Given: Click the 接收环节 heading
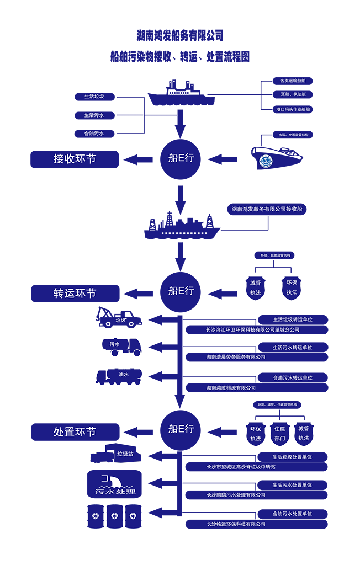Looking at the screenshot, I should (x=75, y=159).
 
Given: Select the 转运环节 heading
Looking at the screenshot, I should (x=75, y=294).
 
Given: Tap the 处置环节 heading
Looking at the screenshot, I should (x=75, y=432).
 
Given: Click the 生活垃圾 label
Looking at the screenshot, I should (x=94, y=97).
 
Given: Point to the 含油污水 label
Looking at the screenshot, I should (x=94, y=134).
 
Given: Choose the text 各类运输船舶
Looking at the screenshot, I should (x=293, y=81).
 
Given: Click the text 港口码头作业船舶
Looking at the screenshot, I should (x=293, y=109).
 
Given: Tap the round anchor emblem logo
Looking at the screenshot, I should (x=266, y=161).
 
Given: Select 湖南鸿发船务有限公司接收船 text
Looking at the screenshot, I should (x=267, y=209).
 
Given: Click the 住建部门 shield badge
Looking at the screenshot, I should (x=279, y=434).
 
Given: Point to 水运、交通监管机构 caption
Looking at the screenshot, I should (x=293, y=135).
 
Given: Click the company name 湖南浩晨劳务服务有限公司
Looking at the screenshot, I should (x=236, y=357).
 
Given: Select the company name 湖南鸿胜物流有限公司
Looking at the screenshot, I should (x=231, y=388).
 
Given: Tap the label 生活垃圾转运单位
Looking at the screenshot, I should (x=292, y=319).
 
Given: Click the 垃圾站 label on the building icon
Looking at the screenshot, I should (x=125, y=454).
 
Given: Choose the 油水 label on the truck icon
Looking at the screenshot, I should (x=124, y=374).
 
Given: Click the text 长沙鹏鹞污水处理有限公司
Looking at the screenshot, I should (x=236, y=495).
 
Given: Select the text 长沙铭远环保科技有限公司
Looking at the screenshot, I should (x=236, y=524).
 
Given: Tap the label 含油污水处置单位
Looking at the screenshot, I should (x=292, y=514).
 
